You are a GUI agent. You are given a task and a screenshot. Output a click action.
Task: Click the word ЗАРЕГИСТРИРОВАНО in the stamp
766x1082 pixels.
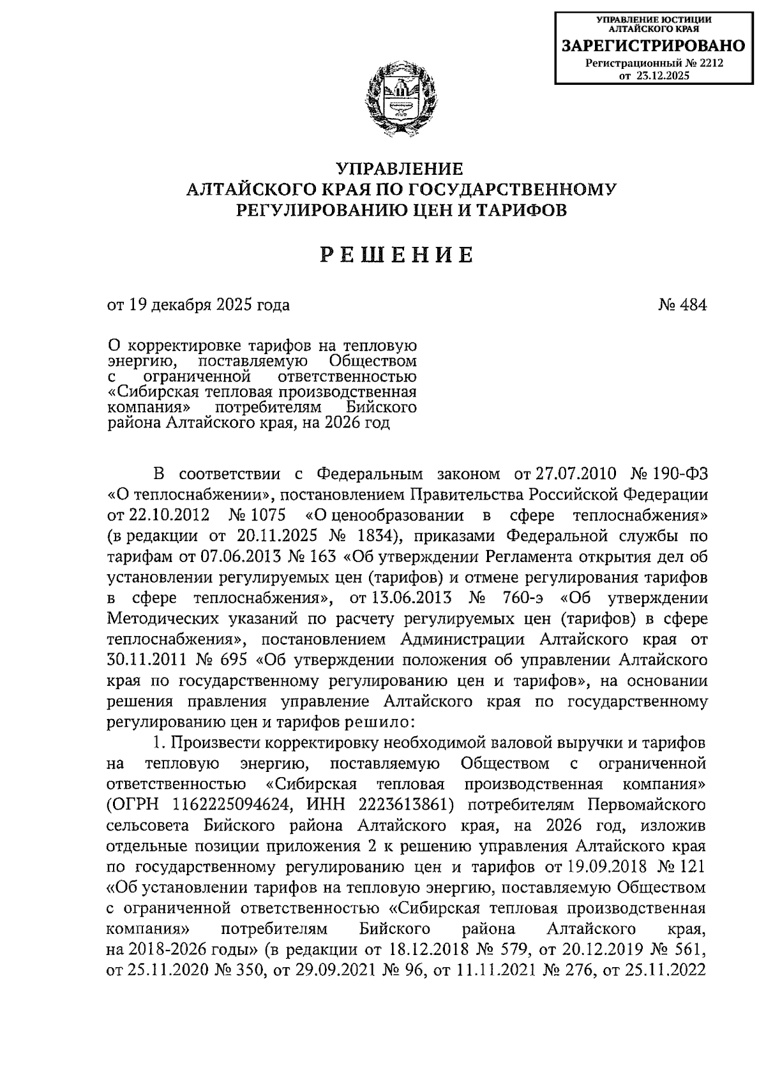652,45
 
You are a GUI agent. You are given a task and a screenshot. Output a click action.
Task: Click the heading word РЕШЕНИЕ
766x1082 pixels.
396,255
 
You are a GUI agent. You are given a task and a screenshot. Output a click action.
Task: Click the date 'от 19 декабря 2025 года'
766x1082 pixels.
199,305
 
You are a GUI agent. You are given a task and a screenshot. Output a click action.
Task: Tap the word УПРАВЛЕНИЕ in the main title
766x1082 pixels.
400,169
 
